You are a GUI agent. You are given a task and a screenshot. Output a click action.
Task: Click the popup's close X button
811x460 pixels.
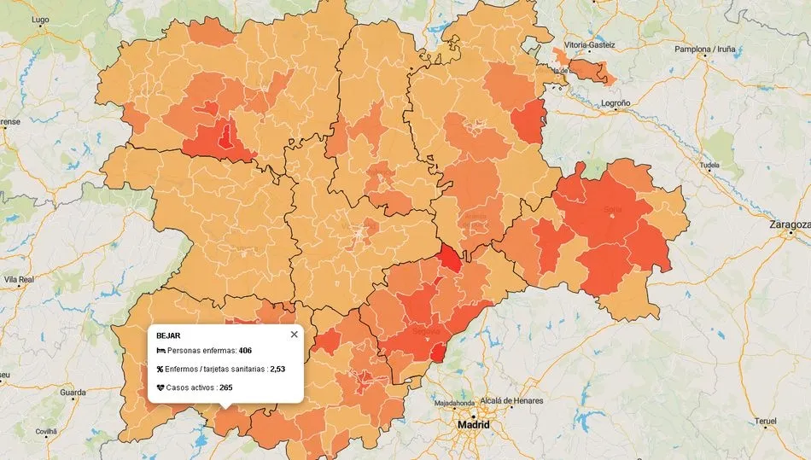pyautogui.click(x=295, y=335)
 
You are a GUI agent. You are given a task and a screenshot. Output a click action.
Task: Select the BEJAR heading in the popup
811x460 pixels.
pyautogui.click(x=168, y=336)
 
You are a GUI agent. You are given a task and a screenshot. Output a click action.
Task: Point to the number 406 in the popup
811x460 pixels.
pyautogui.click(x=245, y=351)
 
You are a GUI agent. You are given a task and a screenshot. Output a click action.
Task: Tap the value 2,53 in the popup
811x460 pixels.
pyautogui.click(x=277, y=370)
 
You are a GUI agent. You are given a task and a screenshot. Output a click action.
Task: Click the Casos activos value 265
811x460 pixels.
pyautogui.click(x=226, y=387)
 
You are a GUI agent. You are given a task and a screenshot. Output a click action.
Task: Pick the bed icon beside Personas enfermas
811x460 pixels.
pyautogui.click(x=160, y=351)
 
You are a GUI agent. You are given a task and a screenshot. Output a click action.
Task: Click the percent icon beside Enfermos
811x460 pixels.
pyautogui.click(x=160, y=370)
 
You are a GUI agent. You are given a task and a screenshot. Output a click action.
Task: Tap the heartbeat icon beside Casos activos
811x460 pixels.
pyautogui.click(x=160, y=387)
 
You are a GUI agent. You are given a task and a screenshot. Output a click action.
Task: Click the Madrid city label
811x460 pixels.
pyautogui.click(x=473, y=424)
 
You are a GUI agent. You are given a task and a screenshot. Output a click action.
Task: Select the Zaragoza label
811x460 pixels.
pyautogui.click(x=789, y=225)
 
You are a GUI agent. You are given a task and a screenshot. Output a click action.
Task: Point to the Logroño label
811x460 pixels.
pyautogui.click(x=615, y=103)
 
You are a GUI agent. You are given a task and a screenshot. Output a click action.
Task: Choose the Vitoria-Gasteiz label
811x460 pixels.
pyautogui.click(x=589, y=44)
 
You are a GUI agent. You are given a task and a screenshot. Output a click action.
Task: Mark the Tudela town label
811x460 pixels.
pyautogui.click(x=709, y=165)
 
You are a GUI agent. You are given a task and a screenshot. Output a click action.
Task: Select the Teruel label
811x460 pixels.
pyautogui.click(x=766, y=422)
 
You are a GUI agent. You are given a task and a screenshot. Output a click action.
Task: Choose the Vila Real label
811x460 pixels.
pyautogui.click(x=19, y=279)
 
